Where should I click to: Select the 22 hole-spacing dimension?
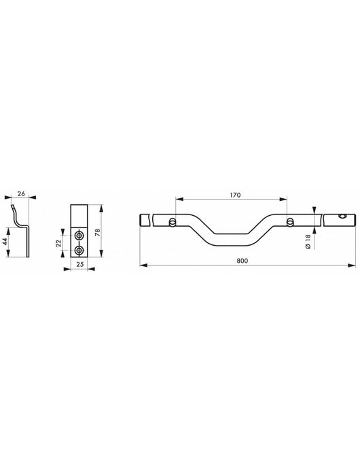[58, 242]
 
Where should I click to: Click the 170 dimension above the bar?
[234, 195]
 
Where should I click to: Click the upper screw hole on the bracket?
[80, 234]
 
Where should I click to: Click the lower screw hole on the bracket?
[80, 250]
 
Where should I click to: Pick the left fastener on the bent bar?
[175, 221]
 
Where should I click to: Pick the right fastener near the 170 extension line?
[290, 221]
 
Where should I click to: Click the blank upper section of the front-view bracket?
[80, 215]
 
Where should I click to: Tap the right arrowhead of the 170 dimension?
[287, 200]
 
